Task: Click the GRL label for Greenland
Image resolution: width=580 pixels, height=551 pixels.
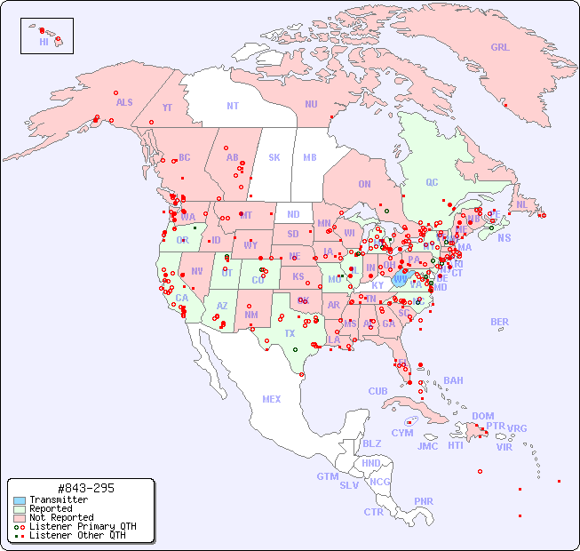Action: [500, 48]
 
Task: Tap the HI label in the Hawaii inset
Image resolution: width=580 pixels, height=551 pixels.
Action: [44, 42]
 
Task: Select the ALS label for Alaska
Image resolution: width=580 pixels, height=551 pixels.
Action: [124, 103]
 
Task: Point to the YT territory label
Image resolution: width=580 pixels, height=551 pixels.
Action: [167, 108]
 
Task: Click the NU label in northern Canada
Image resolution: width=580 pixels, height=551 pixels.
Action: [311, 104]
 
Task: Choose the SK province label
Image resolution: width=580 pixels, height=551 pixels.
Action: [274, 157]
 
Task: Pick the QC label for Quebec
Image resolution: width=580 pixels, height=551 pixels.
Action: [432, 182]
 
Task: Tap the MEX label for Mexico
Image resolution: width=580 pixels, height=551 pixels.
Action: [272, 399]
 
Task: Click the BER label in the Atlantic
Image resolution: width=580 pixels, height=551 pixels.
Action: [500, 322]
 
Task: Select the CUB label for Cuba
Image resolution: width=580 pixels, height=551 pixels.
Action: [378, 391]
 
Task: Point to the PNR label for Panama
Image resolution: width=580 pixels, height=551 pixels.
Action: [424, 501]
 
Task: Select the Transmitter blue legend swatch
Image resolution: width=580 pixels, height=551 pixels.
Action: [20, 500]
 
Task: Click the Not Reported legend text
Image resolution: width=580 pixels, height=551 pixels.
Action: [61, 517]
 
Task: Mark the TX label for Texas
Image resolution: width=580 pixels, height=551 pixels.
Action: [290, 333]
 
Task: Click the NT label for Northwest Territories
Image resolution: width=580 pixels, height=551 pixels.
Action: [233, 106]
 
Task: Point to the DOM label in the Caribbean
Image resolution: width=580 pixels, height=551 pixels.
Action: [482, 416]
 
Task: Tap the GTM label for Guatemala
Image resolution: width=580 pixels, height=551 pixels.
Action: [327, 476]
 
